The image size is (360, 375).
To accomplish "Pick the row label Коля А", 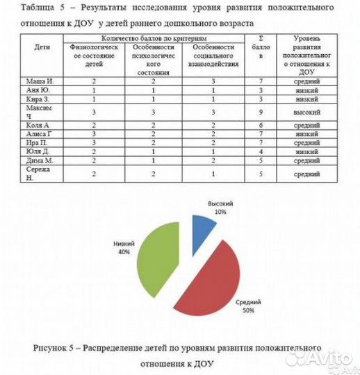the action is click(x=36, y=125).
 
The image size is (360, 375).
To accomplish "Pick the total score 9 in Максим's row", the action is click(x=261, y=112).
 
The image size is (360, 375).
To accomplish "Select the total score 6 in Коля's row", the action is click(x=261, y=125).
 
